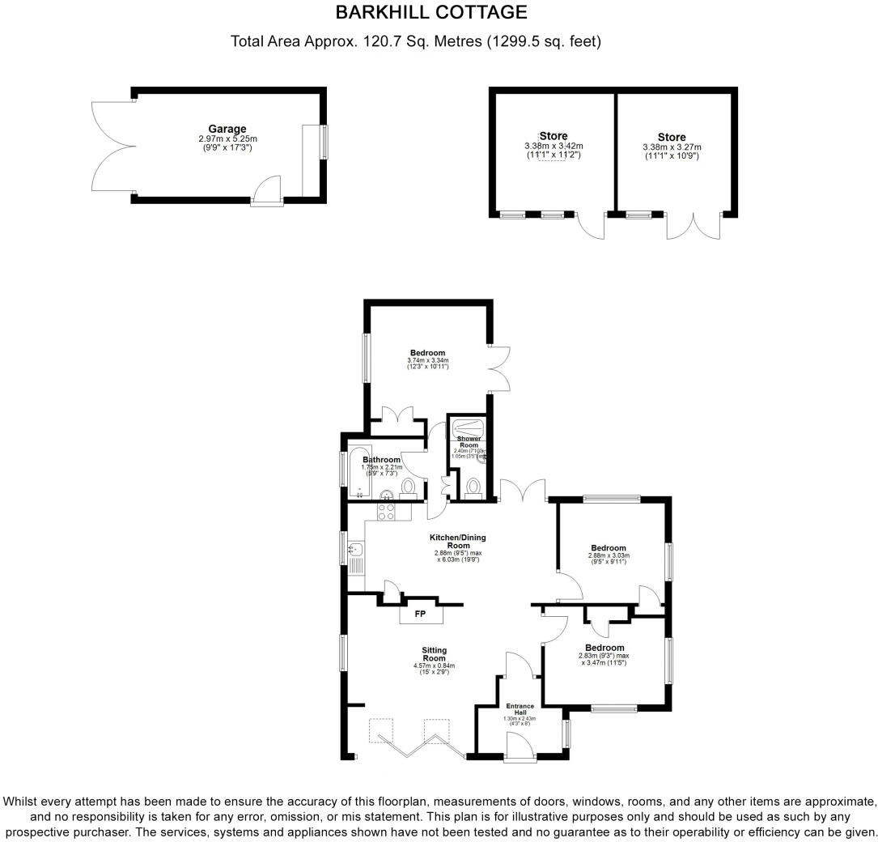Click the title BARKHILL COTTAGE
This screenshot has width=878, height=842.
coord(431,12)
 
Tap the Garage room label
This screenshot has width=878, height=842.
coord(227,129)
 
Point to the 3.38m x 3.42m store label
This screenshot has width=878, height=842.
coord(553,146)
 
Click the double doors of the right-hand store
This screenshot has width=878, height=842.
coord(693,224)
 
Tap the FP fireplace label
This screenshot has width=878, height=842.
coord(421,614)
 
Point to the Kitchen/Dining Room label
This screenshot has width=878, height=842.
coord(457,542)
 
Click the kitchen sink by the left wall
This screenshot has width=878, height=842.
coord(355,555)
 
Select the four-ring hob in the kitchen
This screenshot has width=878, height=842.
coord(386,512)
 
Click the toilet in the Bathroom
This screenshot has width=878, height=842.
coord(409,487)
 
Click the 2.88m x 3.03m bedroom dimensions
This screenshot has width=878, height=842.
coord(609,556)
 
